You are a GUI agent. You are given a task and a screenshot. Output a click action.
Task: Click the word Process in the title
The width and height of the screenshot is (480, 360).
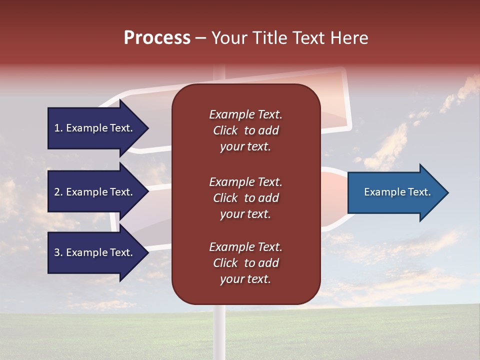point(157,38)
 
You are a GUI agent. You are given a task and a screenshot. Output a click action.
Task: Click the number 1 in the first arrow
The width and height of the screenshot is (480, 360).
point(57,128)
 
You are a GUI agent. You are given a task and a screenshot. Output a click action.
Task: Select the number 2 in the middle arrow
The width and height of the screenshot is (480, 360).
point(57,192)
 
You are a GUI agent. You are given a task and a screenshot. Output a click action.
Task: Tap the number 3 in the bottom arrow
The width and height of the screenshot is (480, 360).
point(57,252)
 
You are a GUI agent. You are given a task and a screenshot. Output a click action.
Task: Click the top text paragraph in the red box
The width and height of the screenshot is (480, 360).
point(245,130)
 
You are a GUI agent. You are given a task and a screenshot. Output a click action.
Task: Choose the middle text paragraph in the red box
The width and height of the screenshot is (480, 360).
point(245,198)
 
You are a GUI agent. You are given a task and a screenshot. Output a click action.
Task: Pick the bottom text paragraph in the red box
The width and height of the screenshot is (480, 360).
point(245,263)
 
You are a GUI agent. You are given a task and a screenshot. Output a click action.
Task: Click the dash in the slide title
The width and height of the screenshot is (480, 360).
point(200,38)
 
